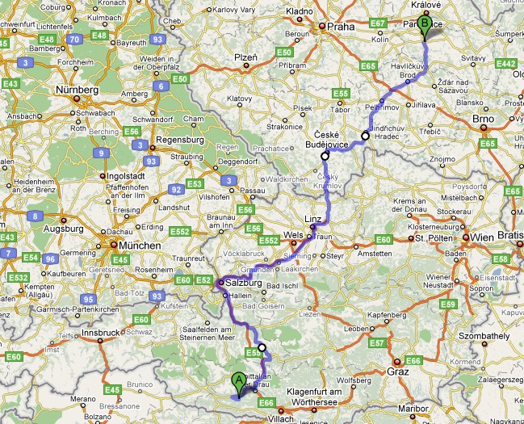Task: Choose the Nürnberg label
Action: (77, 90)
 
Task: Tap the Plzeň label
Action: (245, 59)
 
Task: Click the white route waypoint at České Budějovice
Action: (325, 156)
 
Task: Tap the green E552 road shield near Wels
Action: (270, 241)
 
